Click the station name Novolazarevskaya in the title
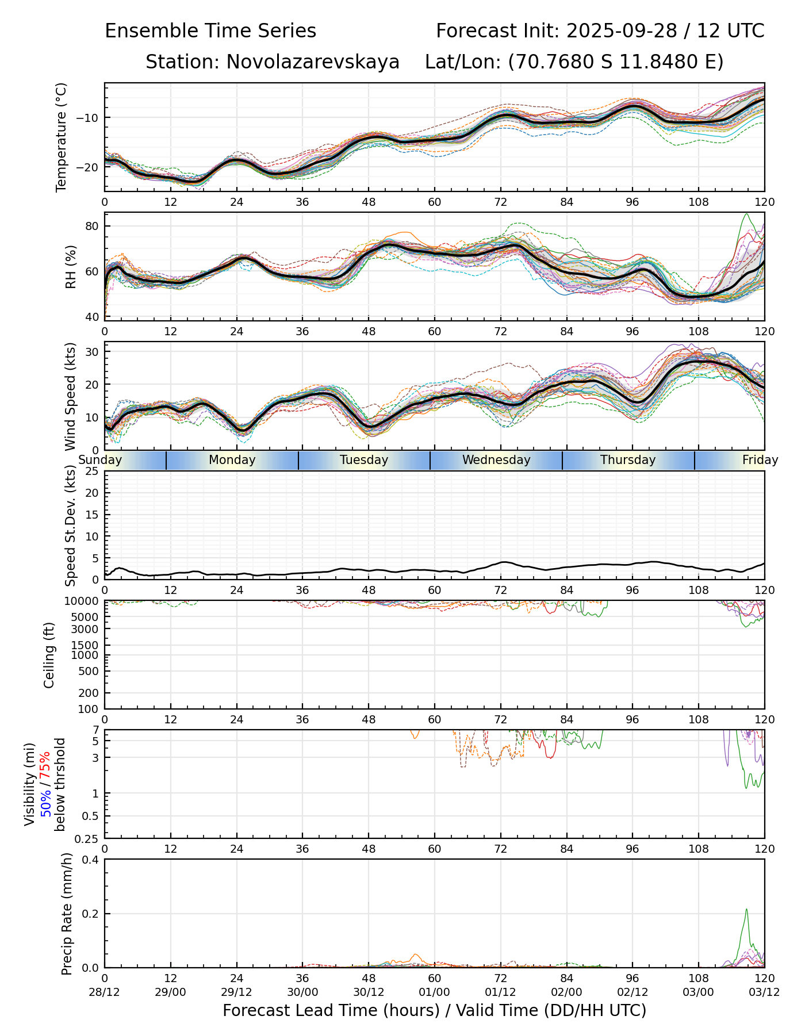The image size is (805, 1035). click(x=313, y=62)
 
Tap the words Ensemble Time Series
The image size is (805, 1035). click(x=210, y=31)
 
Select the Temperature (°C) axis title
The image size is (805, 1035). click(x=62, y=137)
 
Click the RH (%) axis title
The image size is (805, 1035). click(x=71, y=267)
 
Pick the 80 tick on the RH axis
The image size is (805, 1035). click(x=93, y=226)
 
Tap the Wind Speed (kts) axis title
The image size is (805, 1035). click(x=71, y=396)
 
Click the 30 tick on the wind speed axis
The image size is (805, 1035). click(x=93, y=351)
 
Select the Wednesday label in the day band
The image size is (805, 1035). click(x=496, y=460)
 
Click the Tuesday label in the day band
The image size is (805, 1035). click(x=364, y=460)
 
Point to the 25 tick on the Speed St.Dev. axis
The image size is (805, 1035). click(x=93, y=471)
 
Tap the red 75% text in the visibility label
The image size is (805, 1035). click(x=45, y=765)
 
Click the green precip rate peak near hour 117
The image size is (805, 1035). click(x=746, y=910)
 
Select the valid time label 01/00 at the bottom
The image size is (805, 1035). click(x=435, y=992)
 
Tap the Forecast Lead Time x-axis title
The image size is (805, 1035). click(x=435, y=1011)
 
